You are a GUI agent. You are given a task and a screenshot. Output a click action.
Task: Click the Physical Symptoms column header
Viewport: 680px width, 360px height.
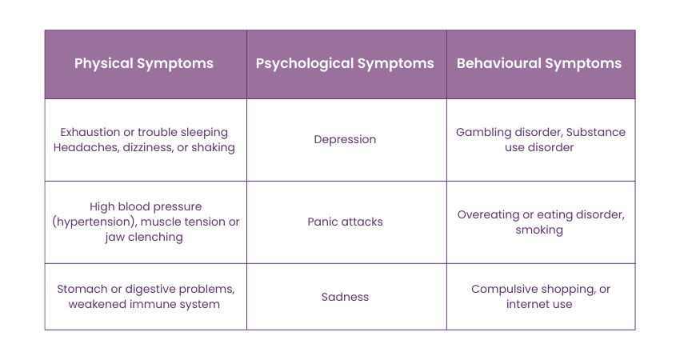point(144,64)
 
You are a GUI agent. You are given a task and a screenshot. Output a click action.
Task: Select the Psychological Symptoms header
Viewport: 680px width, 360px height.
point(345,64)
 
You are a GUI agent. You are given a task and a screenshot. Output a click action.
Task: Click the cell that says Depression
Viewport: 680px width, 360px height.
point(346,140)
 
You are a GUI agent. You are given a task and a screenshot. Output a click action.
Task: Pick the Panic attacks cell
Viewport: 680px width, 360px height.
point(346,222)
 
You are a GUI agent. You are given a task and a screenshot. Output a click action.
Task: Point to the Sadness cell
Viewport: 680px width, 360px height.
point(346,297)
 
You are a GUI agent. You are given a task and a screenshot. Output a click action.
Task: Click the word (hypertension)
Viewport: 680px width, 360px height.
point(94,222)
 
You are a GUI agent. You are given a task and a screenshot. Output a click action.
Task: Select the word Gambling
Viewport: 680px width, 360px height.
point(483,132)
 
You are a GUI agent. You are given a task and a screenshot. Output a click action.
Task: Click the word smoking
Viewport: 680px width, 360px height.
point(539,230)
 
